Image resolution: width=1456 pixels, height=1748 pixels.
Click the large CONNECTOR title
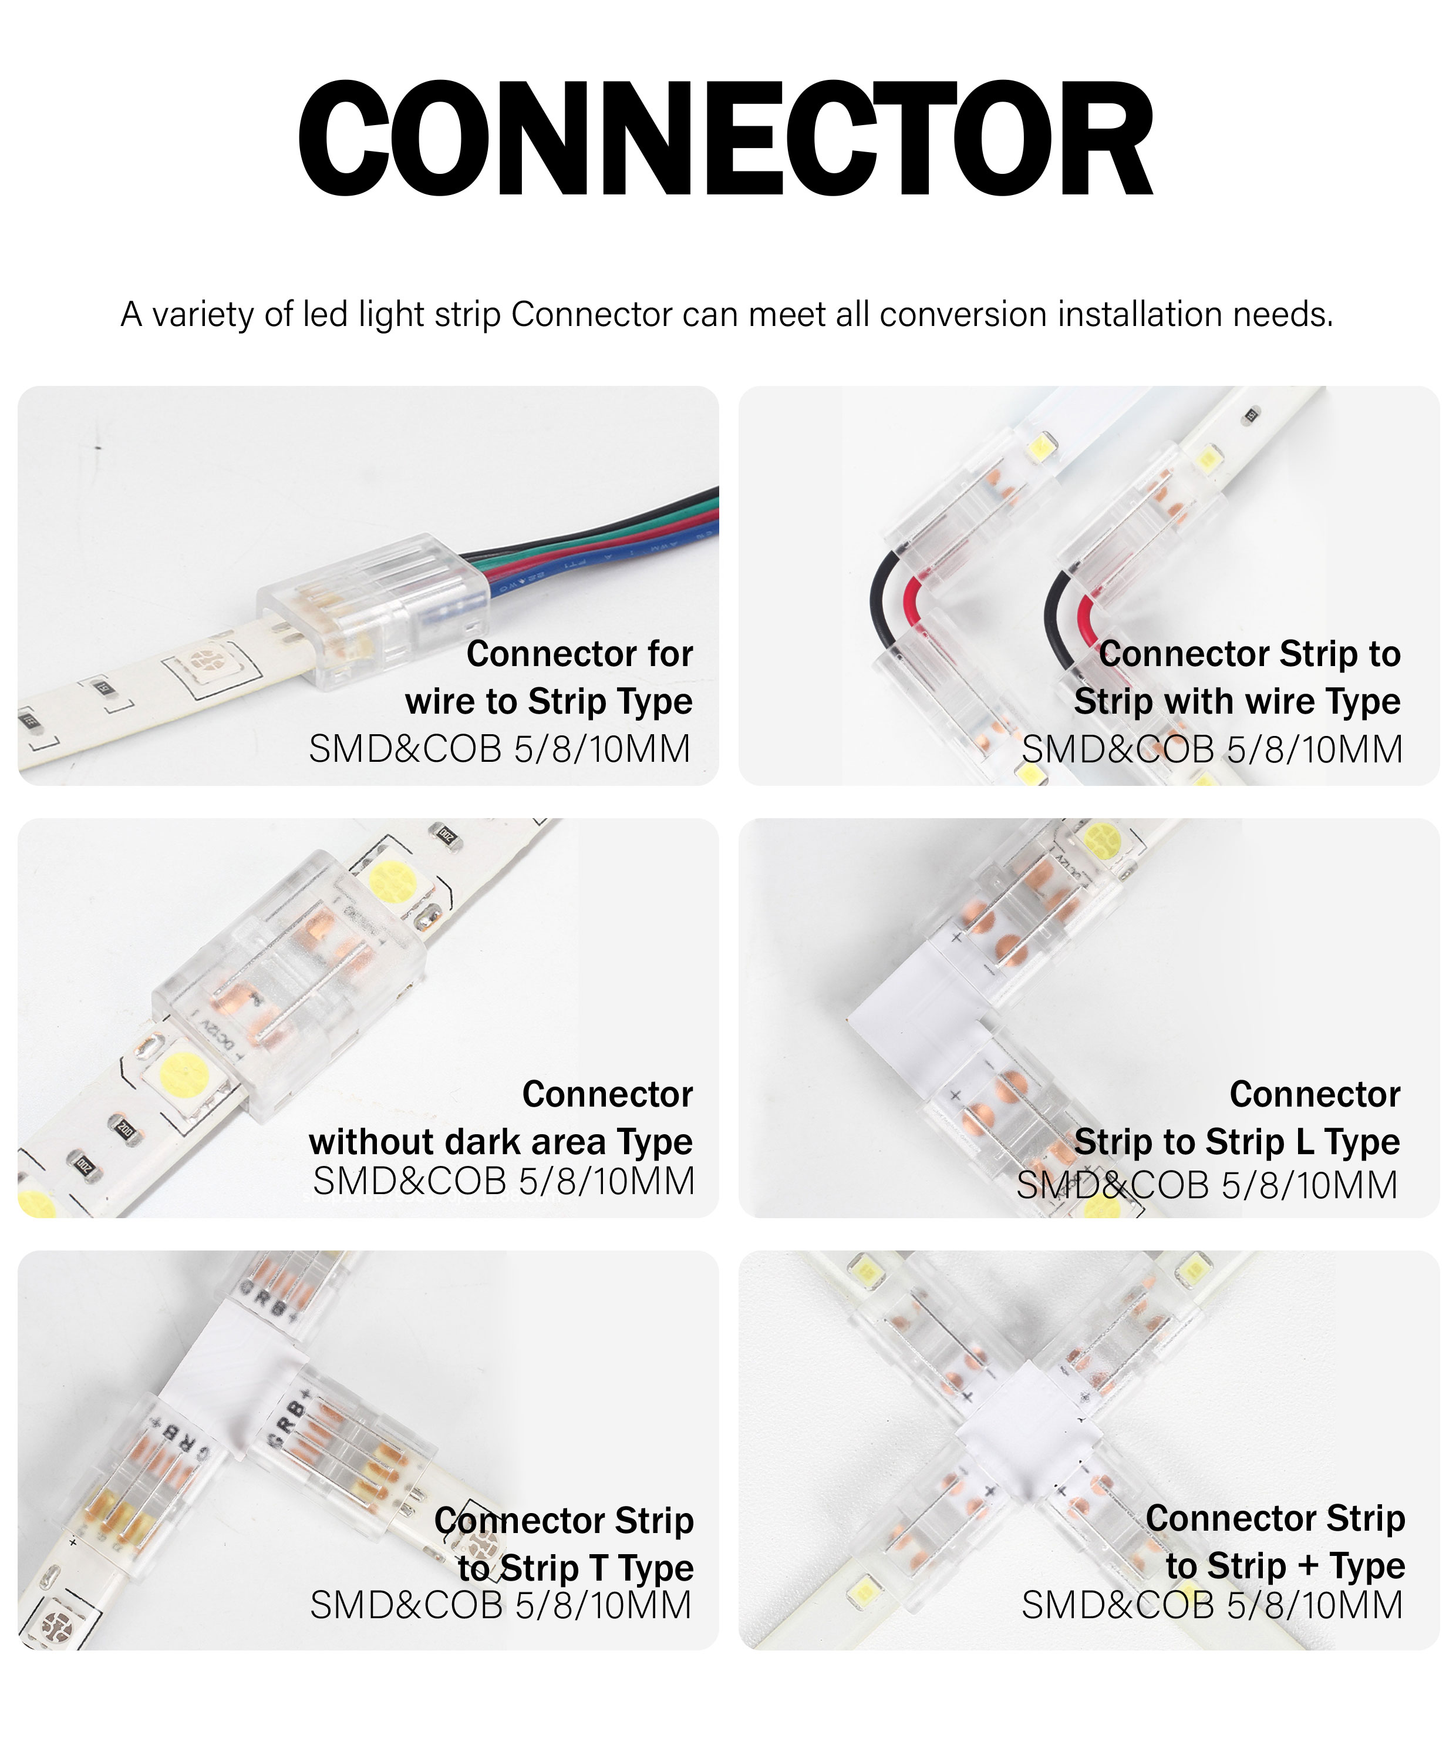(x=726, y=138)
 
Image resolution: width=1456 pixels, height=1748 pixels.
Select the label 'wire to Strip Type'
(x=549, y=702)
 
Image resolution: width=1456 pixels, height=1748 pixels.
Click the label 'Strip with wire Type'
(x=1237, y=702)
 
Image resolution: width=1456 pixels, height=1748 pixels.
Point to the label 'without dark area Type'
(x=501, y=1142)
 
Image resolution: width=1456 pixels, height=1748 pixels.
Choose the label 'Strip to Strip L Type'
(x=1237, y=1142)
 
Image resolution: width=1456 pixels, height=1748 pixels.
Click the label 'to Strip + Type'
(x=1285, y=1566)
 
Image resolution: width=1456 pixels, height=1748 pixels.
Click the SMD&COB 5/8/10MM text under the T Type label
(x=501, y=1606)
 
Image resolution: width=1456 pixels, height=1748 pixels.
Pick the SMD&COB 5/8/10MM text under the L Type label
(x=1207, y=1185)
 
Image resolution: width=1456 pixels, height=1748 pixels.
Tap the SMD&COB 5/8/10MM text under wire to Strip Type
(x=500, y=749)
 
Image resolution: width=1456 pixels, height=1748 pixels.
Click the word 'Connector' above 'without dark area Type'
(x=608, y=1095)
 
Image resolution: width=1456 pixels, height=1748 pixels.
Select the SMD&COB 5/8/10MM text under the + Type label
(x=1212, y=1606)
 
